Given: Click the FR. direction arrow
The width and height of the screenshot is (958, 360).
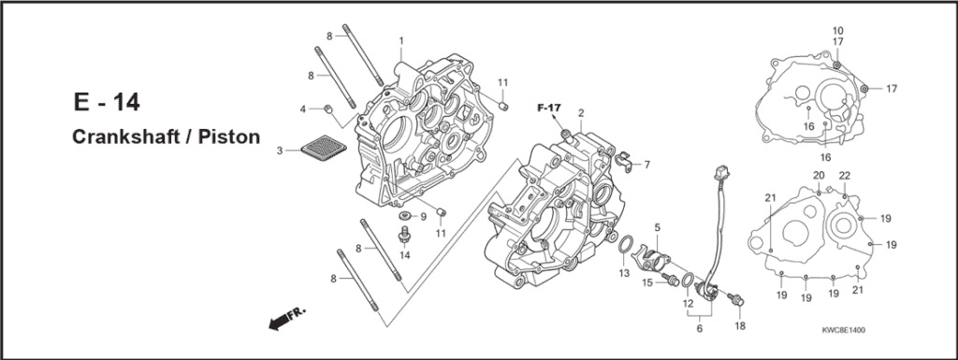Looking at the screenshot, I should (x=287, y=321).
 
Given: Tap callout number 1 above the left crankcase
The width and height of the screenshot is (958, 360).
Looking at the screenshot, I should (x=401, y=41).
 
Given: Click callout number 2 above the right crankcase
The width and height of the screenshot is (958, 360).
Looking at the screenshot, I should (x=581, y=113).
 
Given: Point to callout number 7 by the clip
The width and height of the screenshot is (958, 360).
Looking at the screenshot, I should (x=646, y=165).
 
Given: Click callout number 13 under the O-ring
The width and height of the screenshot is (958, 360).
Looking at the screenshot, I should (x=624, y=273).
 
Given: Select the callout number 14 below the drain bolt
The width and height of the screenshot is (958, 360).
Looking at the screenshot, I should (x=405, y=255).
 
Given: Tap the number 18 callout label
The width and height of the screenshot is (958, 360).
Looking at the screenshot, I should (x=740, y=325).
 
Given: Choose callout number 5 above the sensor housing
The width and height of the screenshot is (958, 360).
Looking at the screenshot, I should (x=658, y=227).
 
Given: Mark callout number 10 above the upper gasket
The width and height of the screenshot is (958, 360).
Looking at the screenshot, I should (x=837, y=31).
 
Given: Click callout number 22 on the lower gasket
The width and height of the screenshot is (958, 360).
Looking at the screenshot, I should (x=844, y=177).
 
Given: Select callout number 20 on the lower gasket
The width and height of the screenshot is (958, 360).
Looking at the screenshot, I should (x=818, y=176).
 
